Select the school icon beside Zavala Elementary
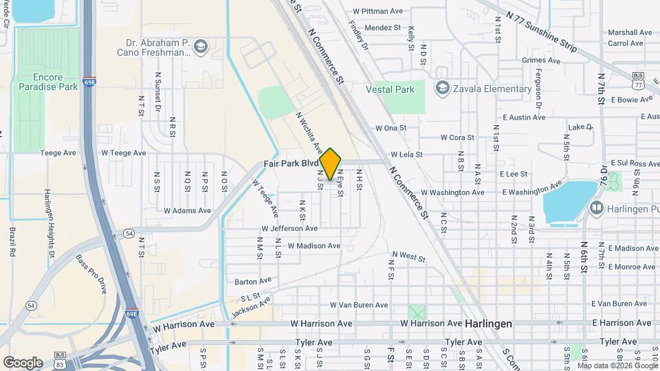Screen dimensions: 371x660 (x=442, y=88)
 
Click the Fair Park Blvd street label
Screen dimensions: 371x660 (x=291, y=164)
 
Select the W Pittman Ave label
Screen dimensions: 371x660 (x=377, y=11)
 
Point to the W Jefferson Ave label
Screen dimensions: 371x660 (x=289, y=228)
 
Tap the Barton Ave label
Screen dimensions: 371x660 (x=253, y=282)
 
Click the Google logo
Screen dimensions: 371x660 (x=23, y=362)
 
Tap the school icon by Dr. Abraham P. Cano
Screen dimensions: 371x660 (x=201, y=47)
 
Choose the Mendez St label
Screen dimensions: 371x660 (x=382, y=27)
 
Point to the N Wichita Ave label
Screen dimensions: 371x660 (x=309, y=133)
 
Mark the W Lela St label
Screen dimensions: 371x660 (x=406, y=155)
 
